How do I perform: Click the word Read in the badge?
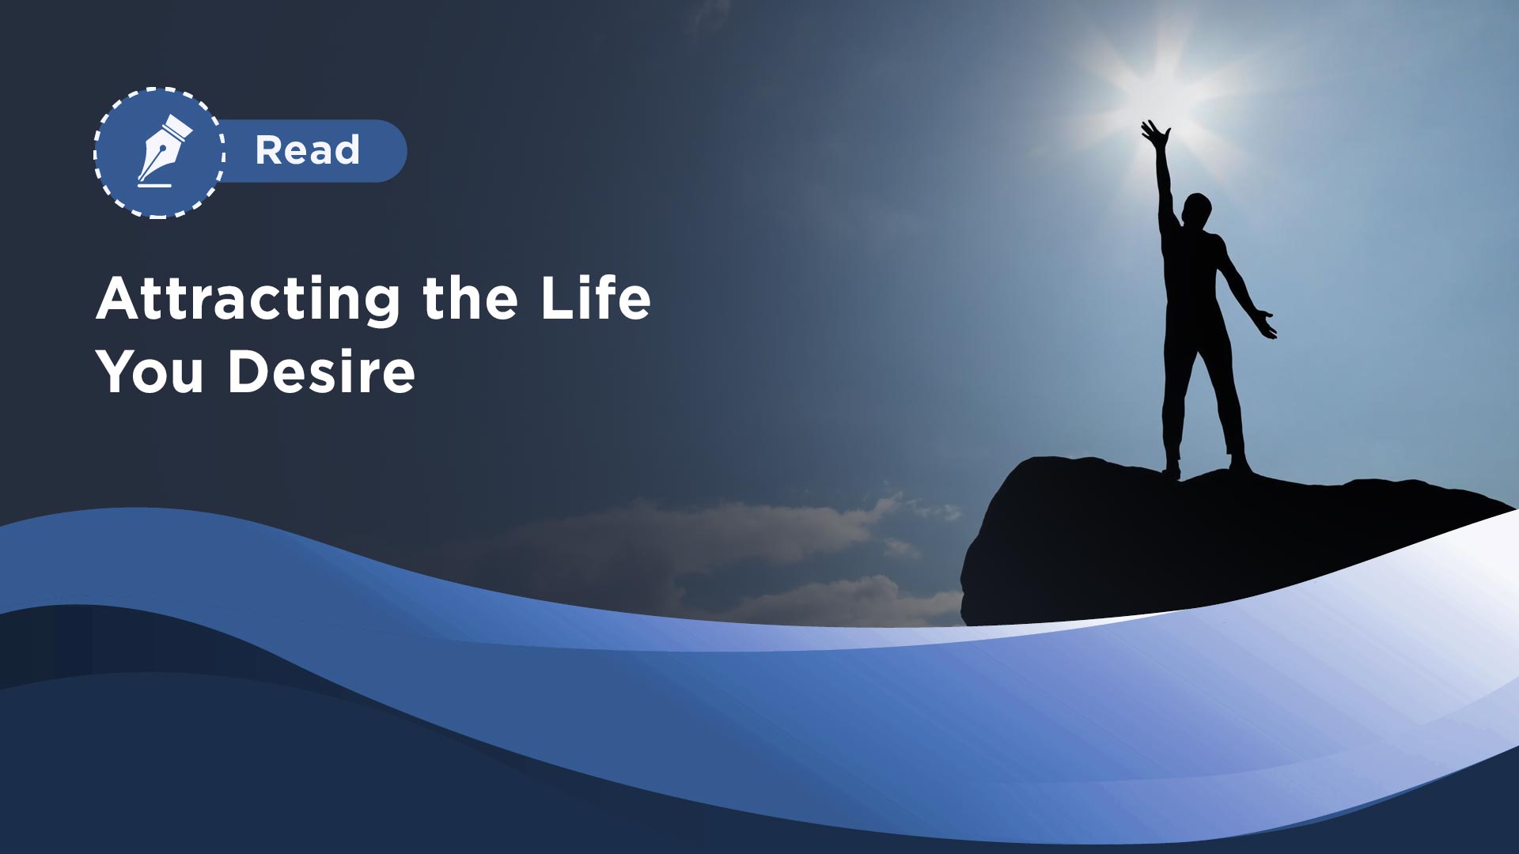click(x=308, y=150)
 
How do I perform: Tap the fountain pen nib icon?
click(x=165, y=147)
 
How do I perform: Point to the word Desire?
click(x=321, y=372)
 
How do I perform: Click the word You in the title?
click(x=150, y=372)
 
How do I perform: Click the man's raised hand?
click(x=1155, y=134)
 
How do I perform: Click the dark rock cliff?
click(x=1171, y=546)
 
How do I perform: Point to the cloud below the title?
click(x=712, y=538)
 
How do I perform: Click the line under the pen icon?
click(x=154, y=185)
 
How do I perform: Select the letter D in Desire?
click(x=249, y=371)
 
